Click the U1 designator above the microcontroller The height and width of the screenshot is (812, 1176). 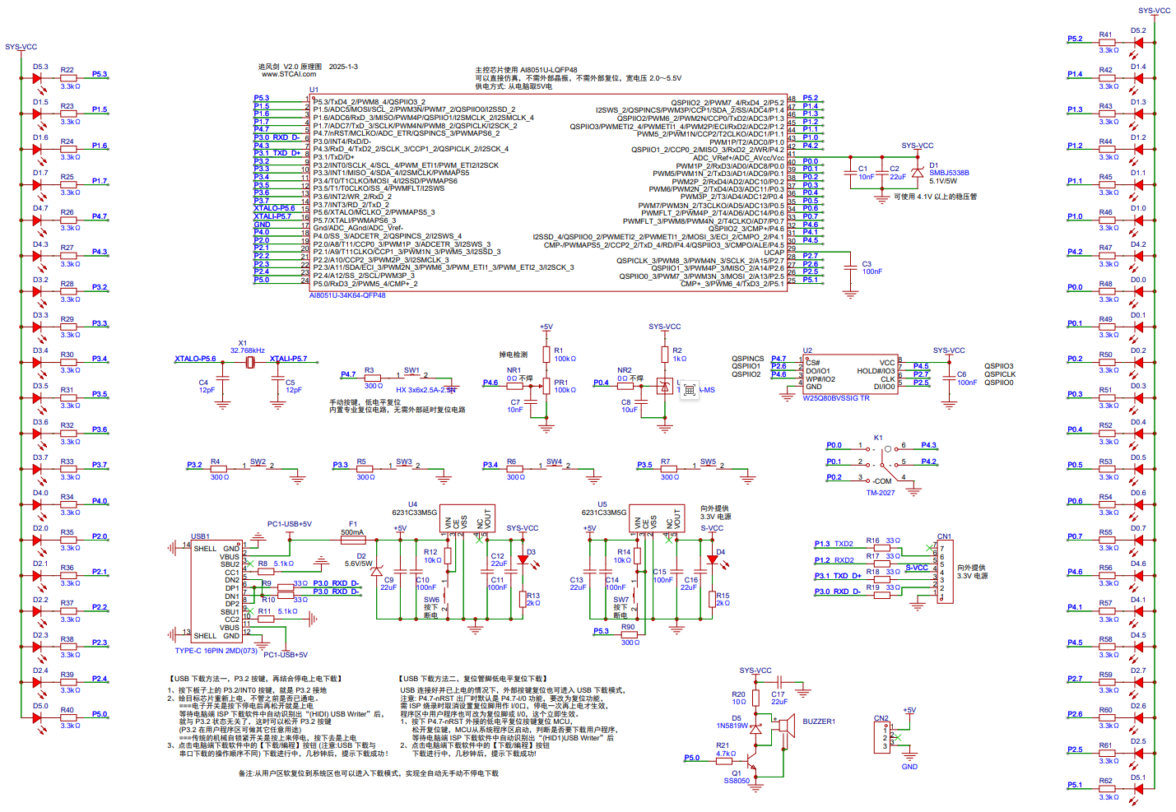coord(314,90)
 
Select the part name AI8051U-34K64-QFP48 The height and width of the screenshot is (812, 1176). coord(347,295)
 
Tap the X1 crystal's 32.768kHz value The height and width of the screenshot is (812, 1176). coord(248,350)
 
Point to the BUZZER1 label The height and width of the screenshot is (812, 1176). coord(819,722)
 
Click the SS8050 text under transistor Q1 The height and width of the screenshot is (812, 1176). coord(737,781)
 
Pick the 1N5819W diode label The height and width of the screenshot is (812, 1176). coord(732,726)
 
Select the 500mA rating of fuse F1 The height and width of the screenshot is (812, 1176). coord(352,532)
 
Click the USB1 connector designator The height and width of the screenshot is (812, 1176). coord(200,536)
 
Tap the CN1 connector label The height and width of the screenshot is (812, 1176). coord(944,536)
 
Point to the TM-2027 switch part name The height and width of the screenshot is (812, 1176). coord(881,493)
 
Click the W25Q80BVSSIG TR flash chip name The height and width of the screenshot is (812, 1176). coord(836,398)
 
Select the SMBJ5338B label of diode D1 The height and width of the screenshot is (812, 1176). coord(949,173)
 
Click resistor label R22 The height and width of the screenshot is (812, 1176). coord(67,70)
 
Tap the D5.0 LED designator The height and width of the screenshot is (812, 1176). coord(40,706)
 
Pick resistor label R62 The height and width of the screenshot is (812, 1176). coord(1105,781)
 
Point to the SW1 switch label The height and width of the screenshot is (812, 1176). coord(411,370)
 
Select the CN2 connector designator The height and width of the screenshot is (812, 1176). coord(881,718)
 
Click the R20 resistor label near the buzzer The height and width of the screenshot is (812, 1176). coord(738,694)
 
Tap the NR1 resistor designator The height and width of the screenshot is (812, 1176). coord(514,370)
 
